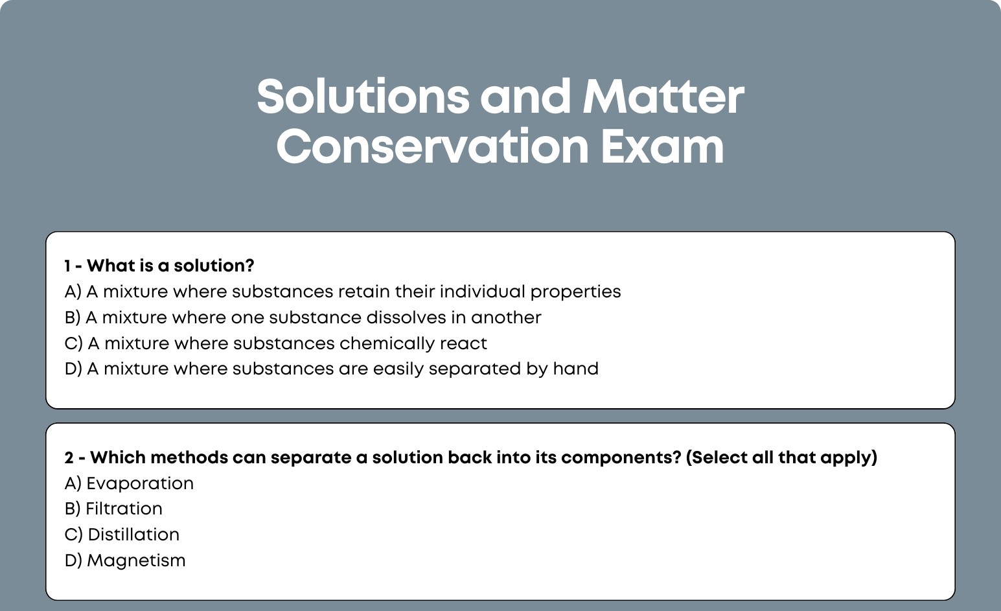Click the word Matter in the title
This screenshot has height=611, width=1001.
coord(663,97)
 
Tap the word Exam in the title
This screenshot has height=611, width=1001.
coord(662,146)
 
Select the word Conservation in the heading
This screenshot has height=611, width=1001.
coord(433,146)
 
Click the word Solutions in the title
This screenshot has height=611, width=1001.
coord(363,97)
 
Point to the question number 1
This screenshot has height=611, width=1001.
coord(67,266)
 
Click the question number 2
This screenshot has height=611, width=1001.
coord(69,457)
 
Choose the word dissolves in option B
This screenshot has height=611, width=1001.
coord(406,317)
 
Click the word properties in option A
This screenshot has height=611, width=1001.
coord(575,292)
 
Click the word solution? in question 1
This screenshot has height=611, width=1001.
coord(214,266)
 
